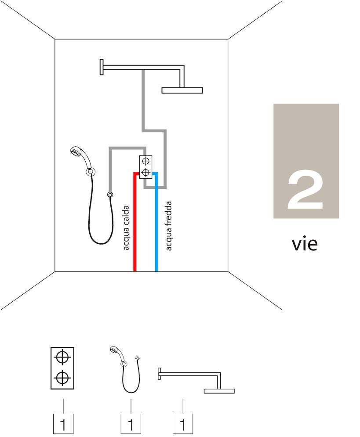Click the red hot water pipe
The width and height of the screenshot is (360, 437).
pyautogui.click(x=135, y=223)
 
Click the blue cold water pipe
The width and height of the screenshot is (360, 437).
pyautogui.click(x=157, y=223)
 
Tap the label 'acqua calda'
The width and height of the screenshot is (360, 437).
pyautogui.click(x=126, y=228)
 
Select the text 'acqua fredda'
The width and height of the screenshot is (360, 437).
pyautogui.click(x=168, y=226)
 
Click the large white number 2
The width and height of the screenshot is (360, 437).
pyautogui.click(x=305, y=190)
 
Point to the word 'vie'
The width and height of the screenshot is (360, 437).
pyautogui.click(x=305, y=244)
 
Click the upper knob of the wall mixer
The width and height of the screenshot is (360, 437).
pyautogui.click(x=145, y=161)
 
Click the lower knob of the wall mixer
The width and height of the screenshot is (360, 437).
pyautogui.click(x=145, y=173)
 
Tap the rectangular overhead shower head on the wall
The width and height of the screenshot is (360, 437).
pyautogui.click(x=182, y=90)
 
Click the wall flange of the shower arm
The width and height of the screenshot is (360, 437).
pyautogui.click(x=102, y=67)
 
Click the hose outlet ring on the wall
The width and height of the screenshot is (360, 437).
pyautogui.click(x=110, y=195)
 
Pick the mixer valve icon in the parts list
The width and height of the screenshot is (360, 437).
pyautogui.click(x=62, y=368)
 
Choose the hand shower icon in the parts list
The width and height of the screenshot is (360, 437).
pyautogui.click(x=125, y=369)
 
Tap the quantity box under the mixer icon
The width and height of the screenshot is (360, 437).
pyautogui.click(x=63, y=424)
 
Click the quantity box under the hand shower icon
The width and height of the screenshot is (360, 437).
pyautogui.click(x=131, y=424)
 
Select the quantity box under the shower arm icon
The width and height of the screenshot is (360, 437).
pyautogui.click(x=183, y=424)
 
